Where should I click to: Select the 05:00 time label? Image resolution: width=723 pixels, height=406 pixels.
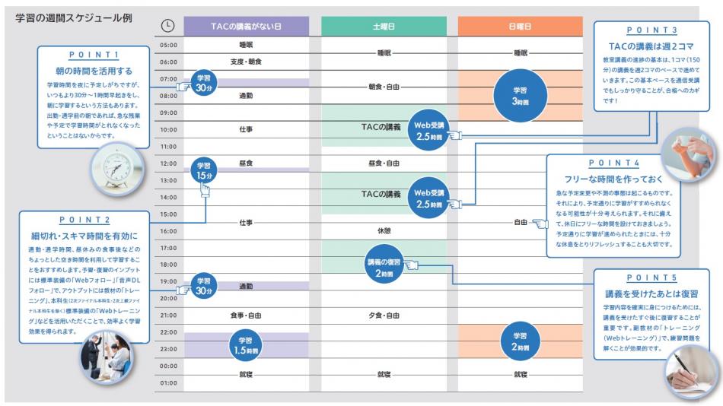tap(167, 46)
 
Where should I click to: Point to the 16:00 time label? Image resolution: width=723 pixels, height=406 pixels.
tap(167, 230)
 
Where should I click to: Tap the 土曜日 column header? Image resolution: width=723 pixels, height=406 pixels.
tap(383, 25)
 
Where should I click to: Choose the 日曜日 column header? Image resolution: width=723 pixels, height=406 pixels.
tap(520, 25)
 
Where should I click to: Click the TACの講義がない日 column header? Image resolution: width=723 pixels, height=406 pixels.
tap(246, 25)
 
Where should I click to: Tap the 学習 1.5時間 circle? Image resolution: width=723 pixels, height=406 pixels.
tap(246, 342)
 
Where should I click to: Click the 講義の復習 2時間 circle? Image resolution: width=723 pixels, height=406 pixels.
tap(384, 263)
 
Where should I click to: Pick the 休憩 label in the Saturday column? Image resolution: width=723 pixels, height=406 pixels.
tap(383, 230)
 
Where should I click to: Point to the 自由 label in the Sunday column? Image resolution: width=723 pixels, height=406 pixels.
tap(520, 223)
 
